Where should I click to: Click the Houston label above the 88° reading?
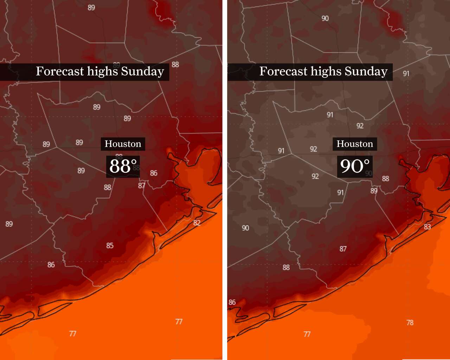point(123,144)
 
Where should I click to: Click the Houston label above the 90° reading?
point(355,144)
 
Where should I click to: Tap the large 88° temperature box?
point(123,166)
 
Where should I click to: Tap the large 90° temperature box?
point(355,166)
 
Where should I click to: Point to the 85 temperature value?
point(110,245)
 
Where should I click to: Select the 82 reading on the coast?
point(197,223)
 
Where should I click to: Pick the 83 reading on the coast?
point(427,227)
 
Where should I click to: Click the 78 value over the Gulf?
point(410,322)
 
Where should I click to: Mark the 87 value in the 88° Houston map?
point(142,186)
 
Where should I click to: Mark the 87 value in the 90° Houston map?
point(343,249)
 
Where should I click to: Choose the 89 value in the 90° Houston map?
point(374,191)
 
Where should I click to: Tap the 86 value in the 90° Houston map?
point(232,302)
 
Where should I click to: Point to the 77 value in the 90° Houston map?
point(307,334)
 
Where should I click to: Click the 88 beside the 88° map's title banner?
point(175,65)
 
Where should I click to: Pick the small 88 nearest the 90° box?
point(386,179)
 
